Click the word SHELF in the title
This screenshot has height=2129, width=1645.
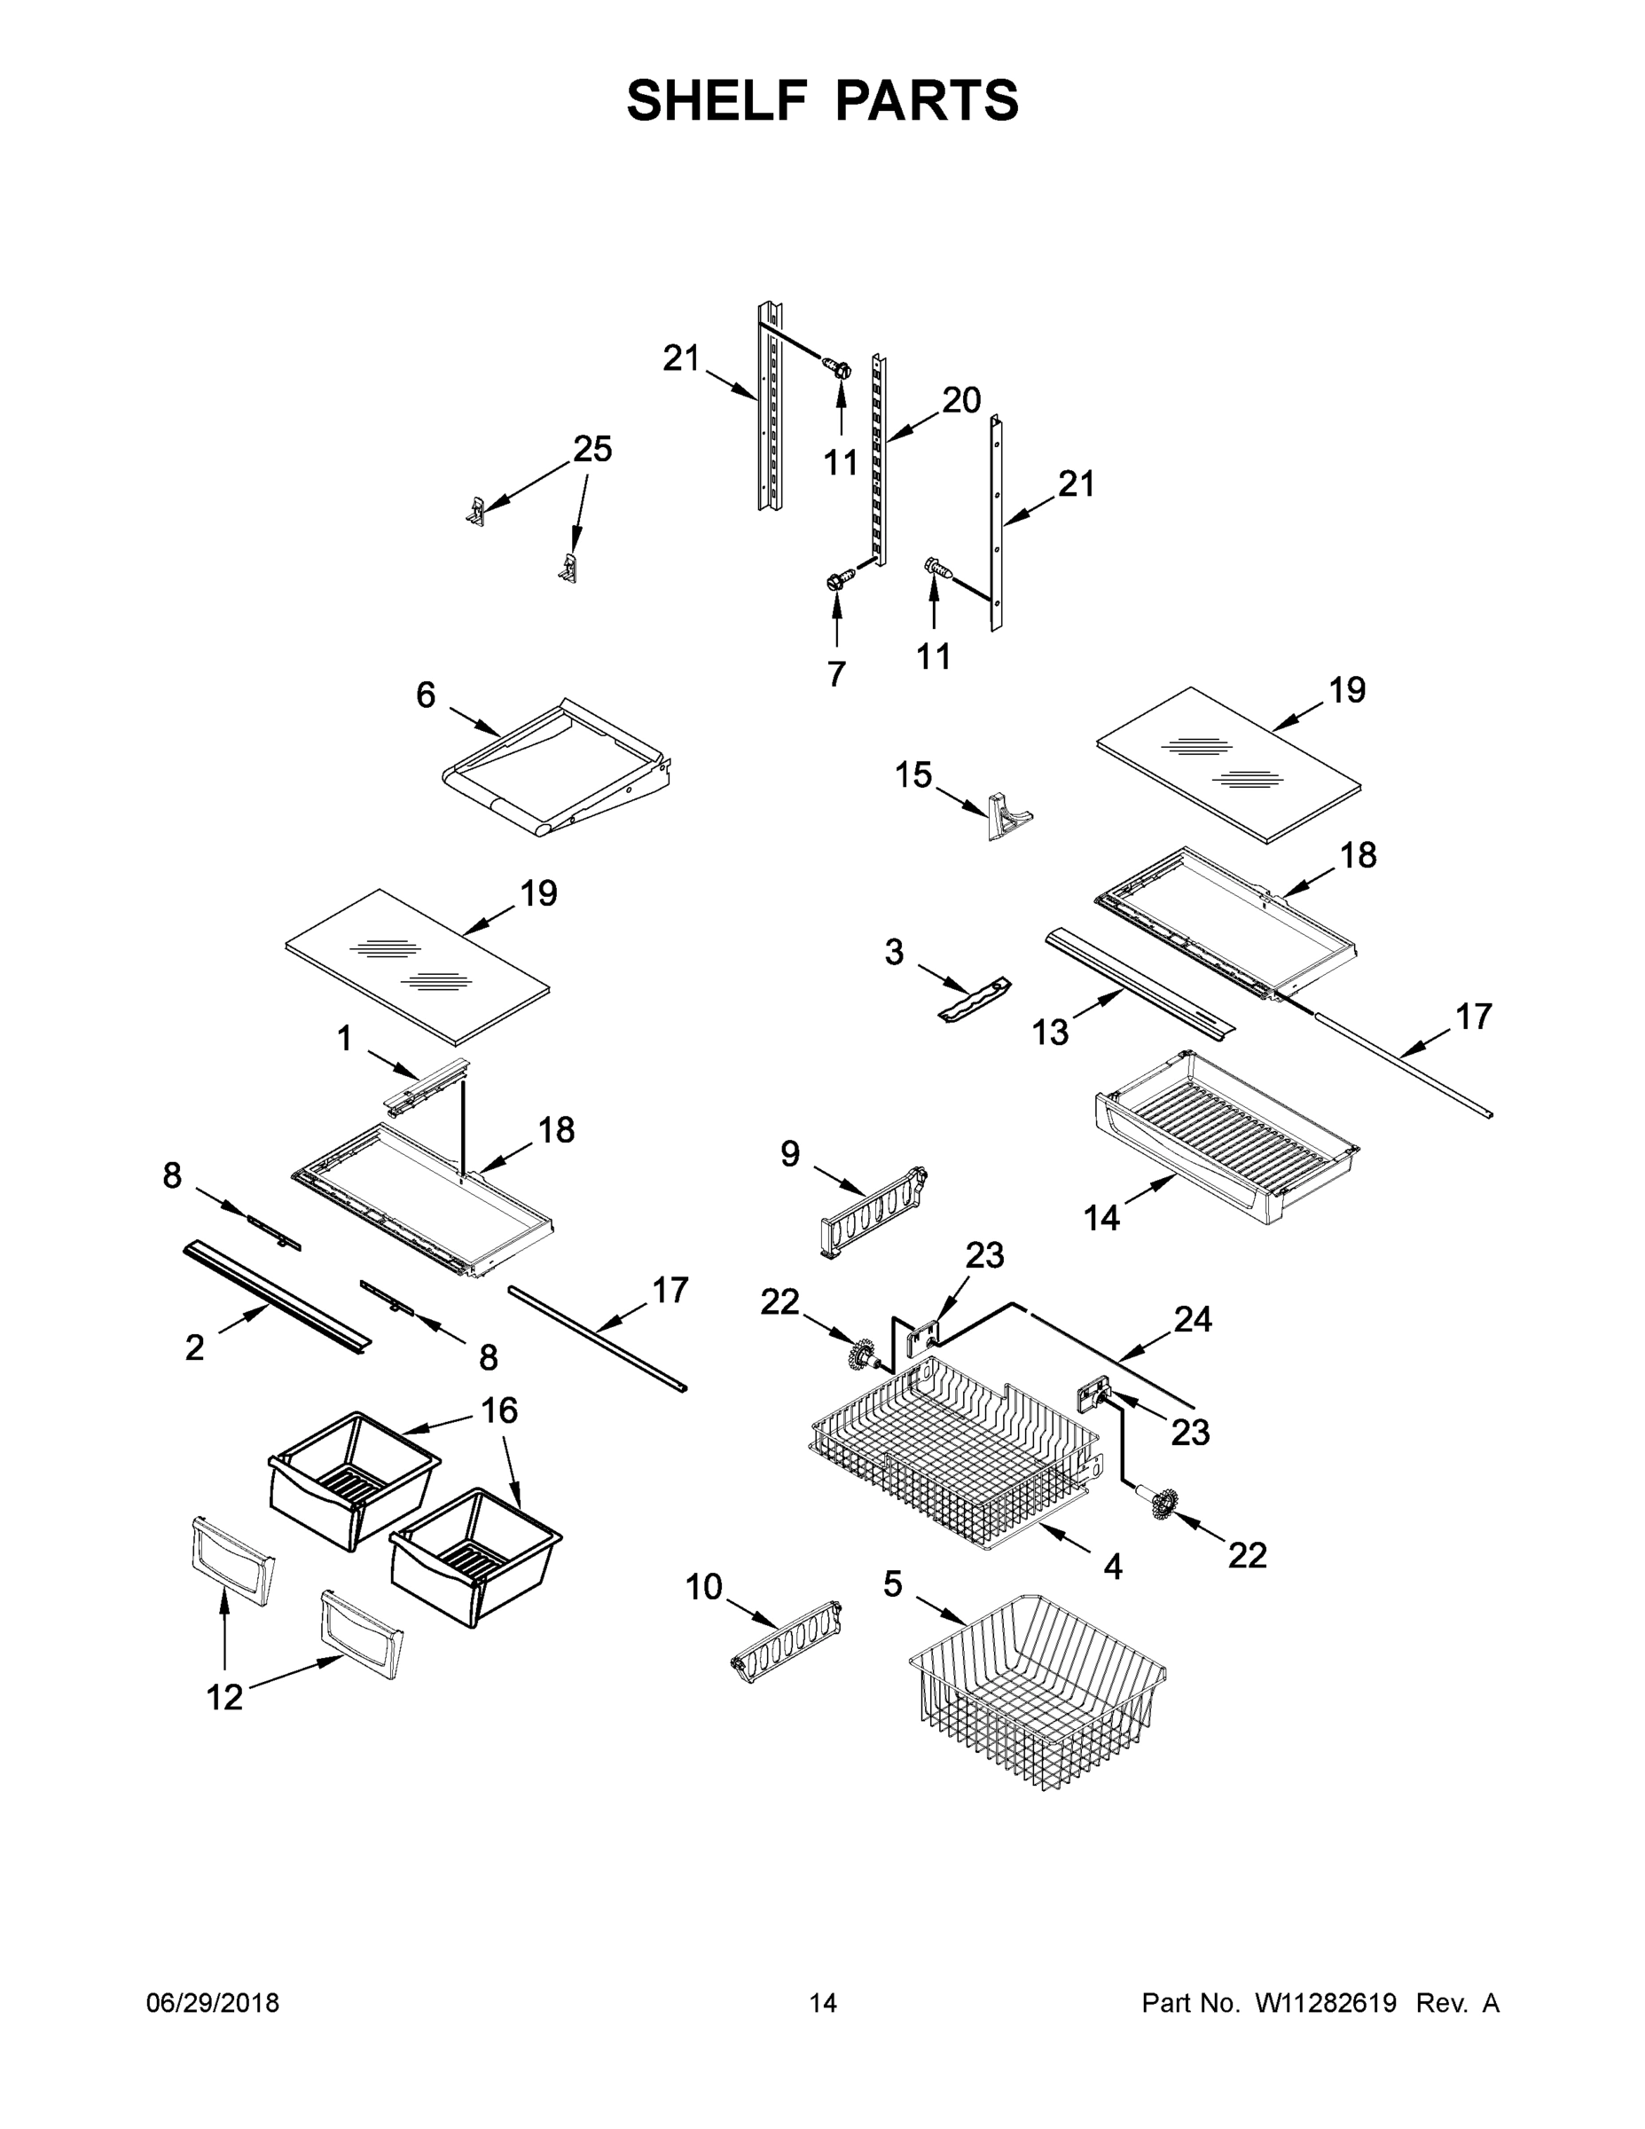[717, 100]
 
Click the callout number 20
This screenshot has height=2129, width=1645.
[961, 400]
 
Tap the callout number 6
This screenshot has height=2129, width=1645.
[426, 695]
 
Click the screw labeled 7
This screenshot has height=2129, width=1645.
[835, 581]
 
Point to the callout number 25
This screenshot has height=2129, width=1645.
[592, 450]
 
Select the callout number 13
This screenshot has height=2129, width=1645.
[1051, 1033]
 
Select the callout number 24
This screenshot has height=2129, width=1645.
[1193, 1319]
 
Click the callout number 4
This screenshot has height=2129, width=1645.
[1113, 1567]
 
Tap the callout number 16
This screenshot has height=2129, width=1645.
[500, 1410]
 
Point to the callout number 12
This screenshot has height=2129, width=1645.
[224, 1697]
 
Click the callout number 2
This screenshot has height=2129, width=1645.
[195, 1347]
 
